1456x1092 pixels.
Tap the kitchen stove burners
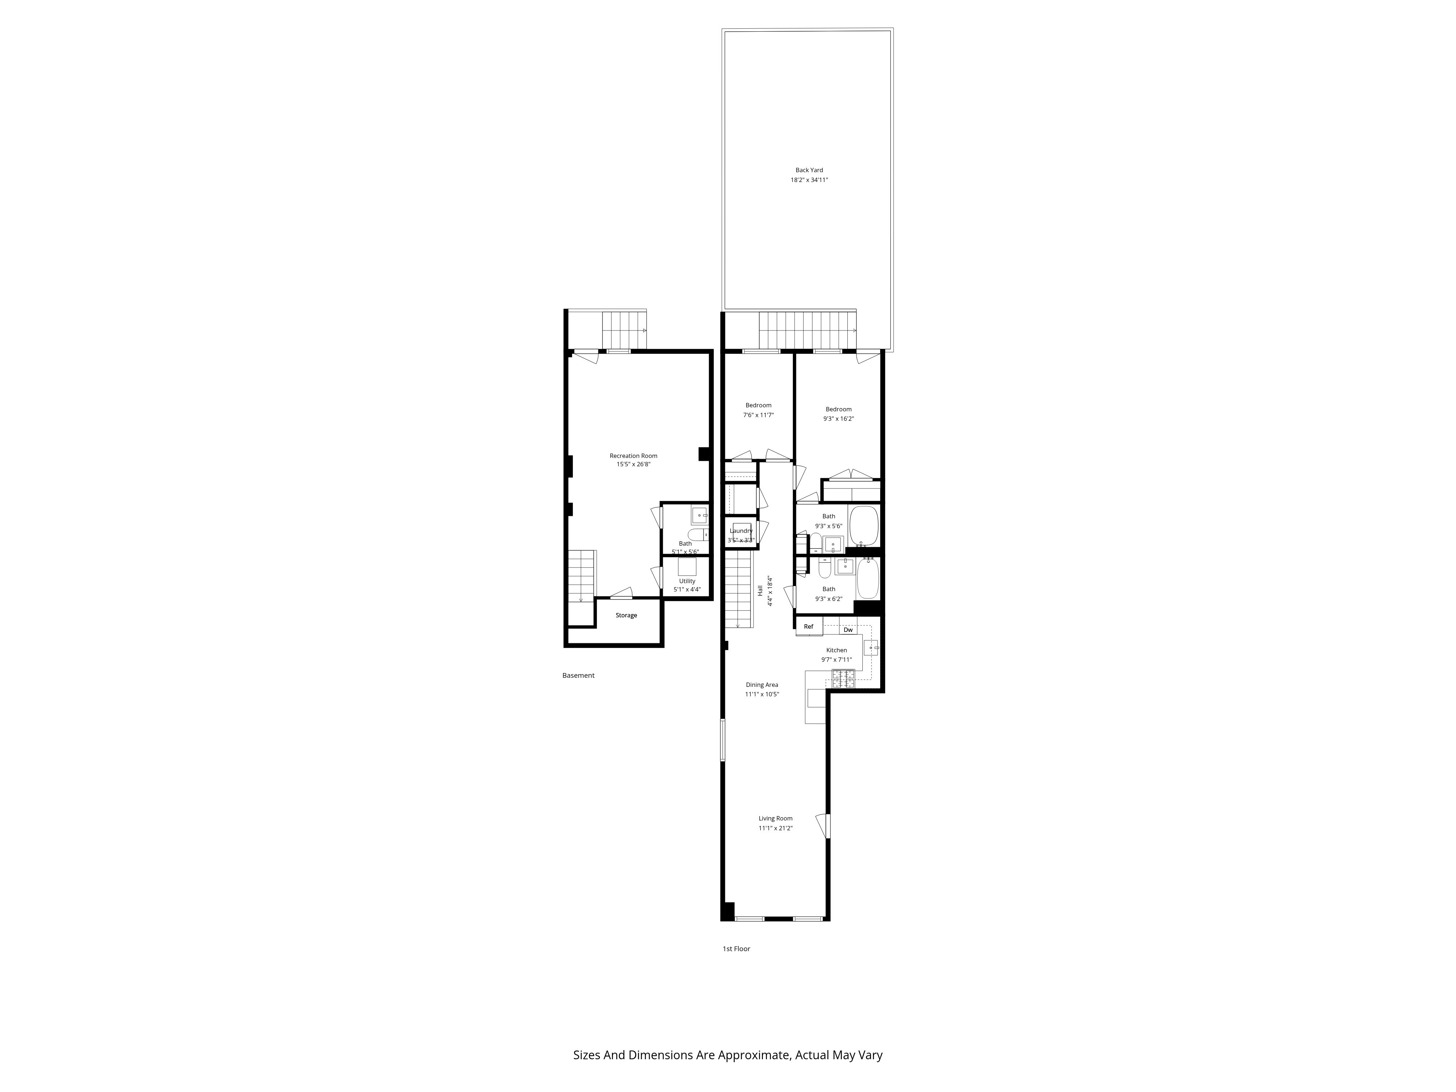tap(843, 678)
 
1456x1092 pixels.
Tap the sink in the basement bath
tap(699, 515)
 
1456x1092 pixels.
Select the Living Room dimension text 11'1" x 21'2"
tap(775, 828)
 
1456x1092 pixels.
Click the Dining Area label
tap(761, 685)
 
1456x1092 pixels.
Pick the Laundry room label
tap(741, 531)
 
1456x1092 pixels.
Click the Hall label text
tap(760, 590)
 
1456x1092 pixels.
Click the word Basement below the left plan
tap(578, 675)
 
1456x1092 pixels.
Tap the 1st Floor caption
tap(736, 949)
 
